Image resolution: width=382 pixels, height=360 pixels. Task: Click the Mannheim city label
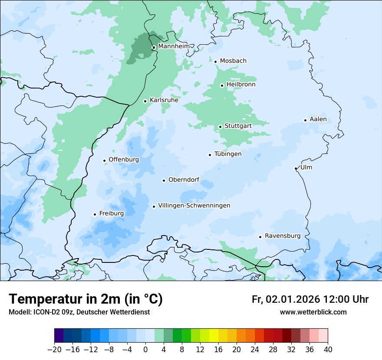[x=174, y=46]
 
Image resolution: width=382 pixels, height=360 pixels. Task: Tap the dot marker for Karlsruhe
[x=145, y=101]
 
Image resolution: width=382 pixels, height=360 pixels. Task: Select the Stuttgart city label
[x=238, y=126]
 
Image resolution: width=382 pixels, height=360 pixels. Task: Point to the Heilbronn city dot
[x=222, y=85]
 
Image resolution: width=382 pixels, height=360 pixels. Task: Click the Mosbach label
[x=233, y=61]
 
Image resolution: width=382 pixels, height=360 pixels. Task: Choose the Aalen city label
[x=318, y=119]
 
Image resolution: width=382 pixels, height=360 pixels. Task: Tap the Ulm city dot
[x=296, y=168]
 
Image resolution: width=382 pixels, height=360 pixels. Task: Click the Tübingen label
[x=228, y=154]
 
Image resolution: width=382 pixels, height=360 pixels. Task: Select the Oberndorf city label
[x=184, y=180]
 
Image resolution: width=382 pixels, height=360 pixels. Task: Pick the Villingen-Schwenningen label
[x=194, y=206]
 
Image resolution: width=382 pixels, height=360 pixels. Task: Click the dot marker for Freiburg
[x=95, y=214]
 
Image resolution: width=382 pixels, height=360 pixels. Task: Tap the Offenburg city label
[x=124, y=160]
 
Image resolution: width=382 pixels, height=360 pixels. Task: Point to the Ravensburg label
[x=283, y=236]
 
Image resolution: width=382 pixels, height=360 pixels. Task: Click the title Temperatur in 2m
[x=86, y=299]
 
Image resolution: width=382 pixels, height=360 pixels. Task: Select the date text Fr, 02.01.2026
[x=286, y=299]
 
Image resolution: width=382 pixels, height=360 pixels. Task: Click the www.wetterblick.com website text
[x=313, y=312]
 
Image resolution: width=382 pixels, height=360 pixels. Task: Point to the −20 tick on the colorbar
[x=55, y=350]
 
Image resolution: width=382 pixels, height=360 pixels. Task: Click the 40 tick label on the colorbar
[x=328, y=350]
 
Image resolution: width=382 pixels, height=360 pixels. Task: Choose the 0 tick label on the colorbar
[x=145, y=350]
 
